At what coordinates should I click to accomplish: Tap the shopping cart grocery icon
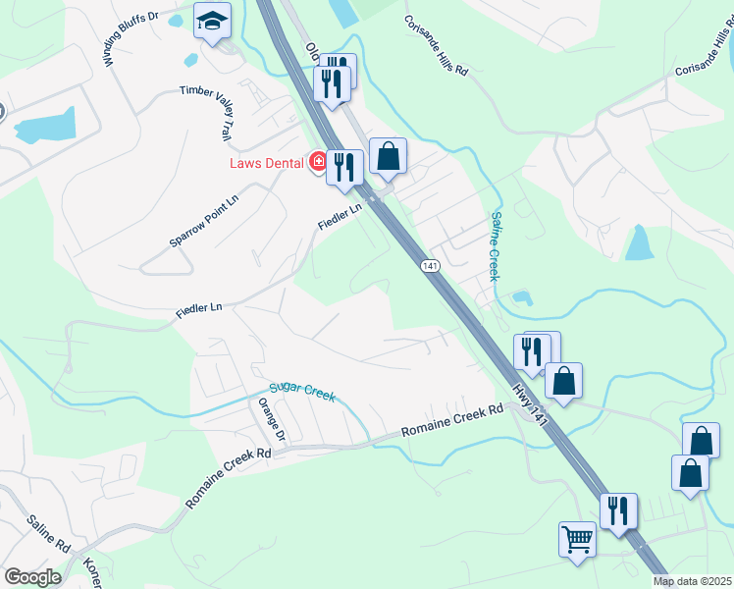577,538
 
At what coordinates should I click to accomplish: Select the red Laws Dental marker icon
318,161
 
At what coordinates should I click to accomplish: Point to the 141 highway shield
430,266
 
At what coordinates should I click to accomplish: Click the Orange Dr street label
271,419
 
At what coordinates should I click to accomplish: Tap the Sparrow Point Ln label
204,213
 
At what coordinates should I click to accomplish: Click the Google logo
32,577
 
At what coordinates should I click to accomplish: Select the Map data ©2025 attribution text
692,581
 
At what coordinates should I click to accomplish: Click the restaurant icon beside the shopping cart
619,511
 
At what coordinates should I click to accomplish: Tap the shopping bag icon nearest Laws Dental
389,155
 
